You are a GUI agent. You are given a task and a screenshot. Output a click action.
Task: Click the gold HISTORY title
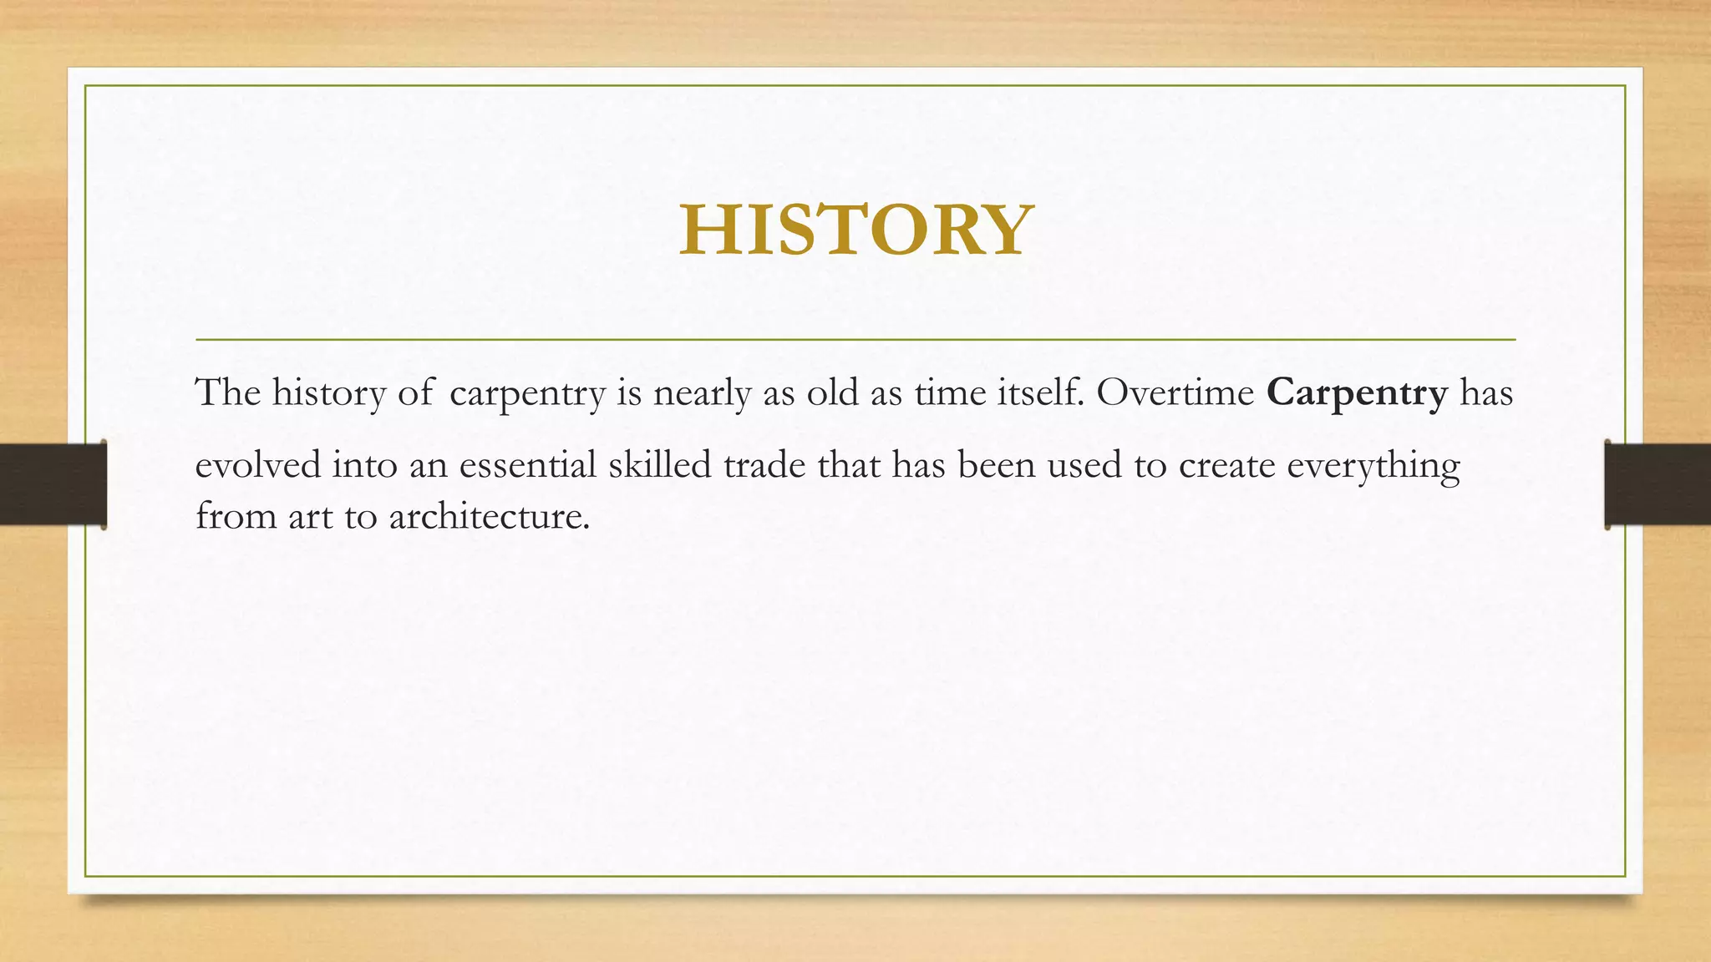pyautogui.click(x=856, y=230)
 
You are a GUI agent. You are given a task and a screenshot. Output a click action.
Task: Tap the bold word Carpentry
pyautogui.click(x=1357, y=392)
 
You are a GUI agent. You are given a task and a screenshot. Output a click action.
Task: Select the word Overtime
pyautogui.click(x=1175, y=392)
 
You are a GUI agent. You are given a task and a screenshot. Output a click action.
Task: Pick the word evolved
pyautogui.click(x=258, y=465)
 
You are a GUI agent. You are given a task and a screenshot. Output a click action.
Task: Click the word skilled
pyautogui.click(x=659, y=465)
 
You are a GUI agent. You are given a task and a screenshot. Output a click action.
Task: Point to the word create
pyautogui.click(x=1226, y=465)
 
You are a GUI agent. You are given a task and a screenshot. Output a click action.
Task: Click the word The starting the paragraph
pyautogui.click(x=227, y=392)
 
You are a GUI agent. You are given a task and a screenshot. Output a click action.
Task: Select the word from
pyautogui.click(x=236, y=517)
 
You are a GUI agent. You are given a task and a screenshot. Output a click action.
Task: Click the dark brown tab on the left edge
pyautogui.click(x=53, y=484)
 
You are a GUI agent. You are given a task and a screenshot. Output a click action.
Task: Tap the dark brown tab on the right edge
pyautogui.click(x=1658, y=484)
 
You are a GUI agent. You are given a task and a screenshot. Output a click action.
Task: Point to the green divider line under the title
pyautogui.click(x=855, y=340)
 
